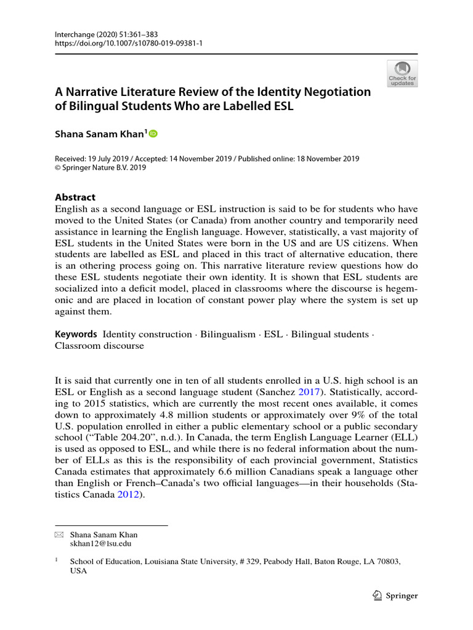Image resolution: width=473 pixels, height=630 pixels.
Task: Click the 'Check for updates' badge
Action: click(402, 73)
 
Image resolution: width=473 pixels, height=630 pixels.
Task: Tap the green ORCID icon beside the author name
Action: click(153, 134)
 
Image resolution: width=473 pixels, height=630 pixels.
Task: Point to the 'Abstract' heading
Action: click(75, 197)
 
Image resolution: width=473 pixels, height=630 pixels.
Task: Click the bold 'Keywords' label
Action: click(76, 334)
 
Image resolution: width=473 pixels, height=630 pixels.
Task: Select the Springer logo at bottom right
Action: click(396, 596)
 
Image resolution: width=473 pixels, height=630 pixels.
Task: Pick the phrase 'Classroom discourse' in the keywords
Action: click(99, 346)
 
